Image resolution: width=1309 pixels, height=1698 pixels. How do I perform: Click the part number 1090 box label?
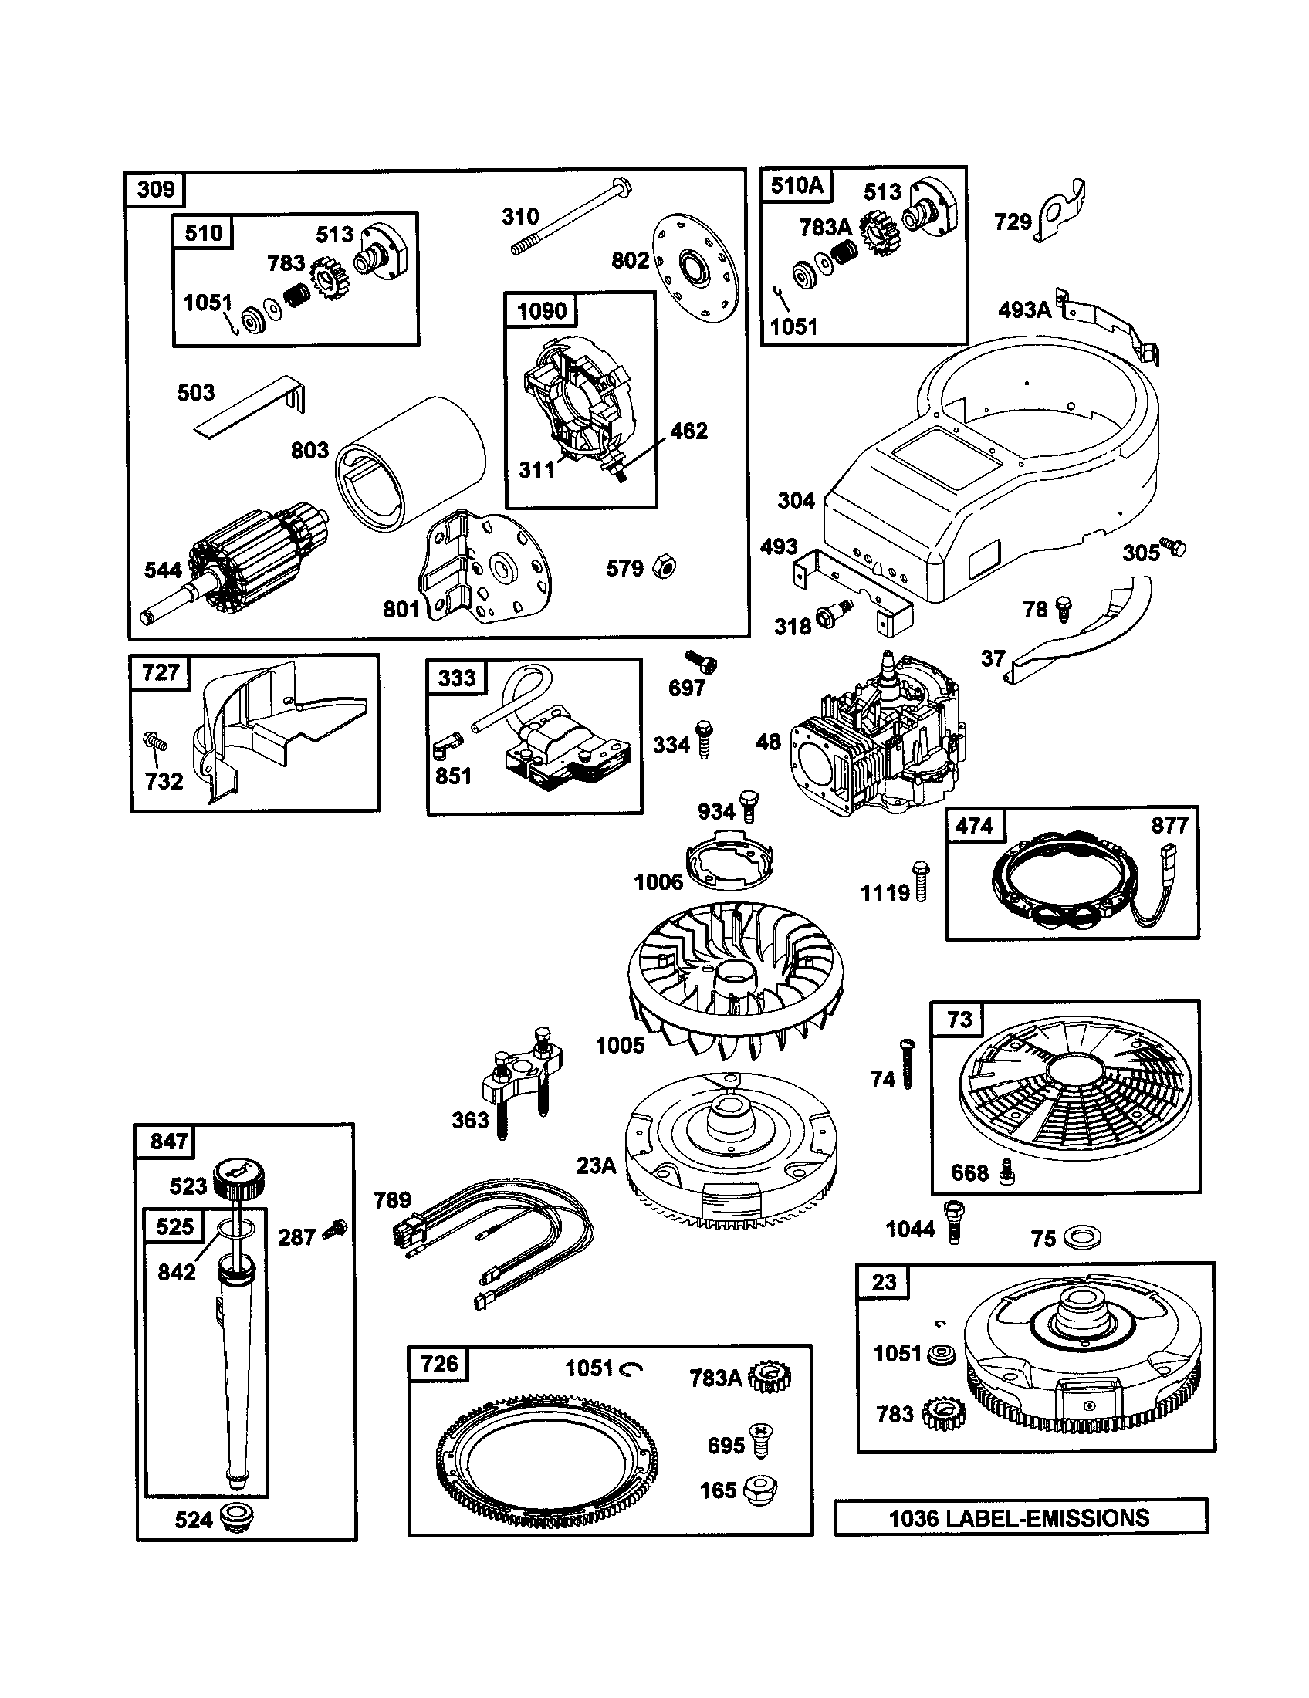coord(541,311)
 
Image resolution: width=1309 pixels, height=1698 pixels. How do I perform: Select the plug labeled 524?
coord(237,1517)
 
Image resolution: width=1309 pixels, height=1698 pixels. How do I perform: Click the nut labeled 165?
coord(761,1490)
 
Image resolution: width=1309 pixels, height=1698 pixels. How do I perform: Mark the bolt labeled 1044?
coord(954,1222)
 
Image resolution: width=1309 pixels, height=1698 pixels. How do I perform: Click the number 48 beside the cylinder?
coord(768,742)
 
